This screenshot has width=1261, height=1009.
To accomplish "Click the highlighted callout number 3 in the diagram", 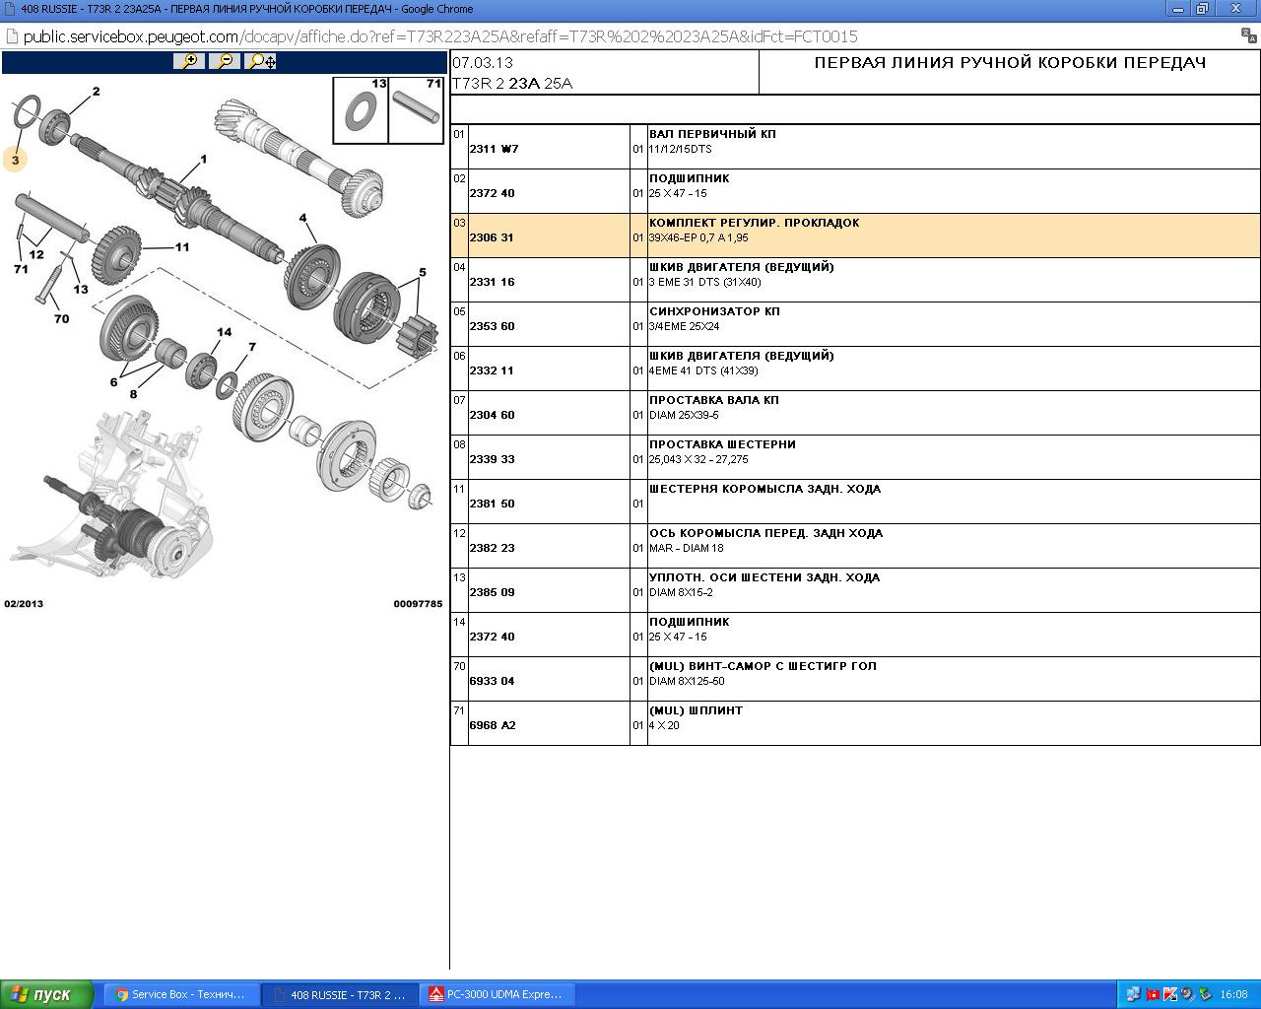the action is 15,160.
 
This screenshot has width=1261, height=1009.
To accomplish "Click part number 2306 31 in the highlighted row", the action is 491,237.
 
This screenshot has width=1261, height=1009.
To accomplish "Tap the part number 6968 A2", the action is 493,725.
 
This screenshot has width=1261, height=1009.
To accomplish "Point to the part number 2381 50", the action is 492,504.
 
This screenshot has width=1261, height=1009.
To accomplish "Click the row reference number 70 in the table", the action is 459,666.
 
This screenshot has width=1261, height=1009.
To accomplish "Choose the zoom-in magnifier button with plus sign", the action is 189,61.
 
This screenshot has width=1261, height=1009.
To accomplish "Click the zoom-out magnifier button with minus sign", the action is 225,61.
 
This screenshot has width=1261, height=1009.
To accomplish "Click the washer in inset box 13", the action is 361,112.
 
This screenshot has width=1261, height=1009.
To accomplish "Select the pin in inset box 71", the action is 416,107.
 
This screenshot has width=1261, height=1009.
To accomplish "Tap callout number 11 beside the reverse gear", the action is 182,247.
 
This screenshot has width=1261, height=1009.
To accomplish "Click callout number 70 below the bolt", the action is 61,319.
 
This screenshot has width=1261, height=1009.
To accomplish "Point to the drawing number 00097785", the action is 418,604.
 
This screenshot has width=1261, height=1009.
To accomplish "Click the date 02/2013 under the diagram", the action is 24,604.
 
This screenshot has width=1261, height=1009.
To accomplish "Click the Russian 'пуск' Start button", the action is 46,994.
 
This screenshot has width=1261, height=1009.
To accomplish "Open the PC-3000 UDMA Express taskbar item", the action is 498,994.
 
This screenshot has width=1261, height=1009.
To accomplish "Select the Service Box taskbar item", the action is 181,994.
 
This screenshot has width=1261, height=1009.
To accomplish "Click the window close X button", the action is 1236,9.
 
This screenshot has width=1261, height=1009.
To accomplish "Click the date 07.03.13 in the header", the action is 483,63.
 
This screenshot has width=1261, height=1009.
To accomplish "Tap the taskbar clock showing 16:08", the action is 1233,994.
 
